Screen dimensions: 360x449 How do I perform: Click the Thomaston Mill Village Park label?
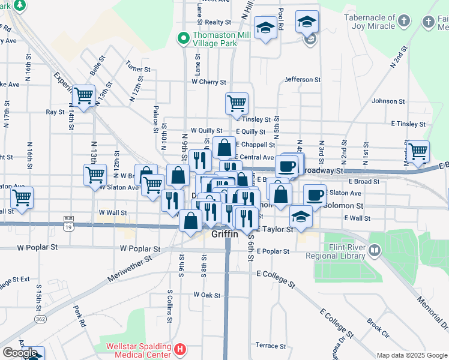[x=215, y=40]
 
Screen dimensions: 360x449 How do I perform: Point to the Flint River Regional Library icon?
[x=375, y=249]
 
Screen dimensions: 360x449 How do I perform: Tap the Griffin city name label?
[x=225, y=235]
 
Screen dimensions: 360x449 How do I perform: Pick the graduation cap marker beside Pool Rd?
[x=265, y=28]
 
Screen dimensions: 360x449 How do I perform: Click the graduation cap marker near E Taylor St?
[x=301, y=216]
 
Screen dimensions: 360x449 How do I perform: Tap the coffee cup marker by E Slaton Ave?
[x=315, y=194]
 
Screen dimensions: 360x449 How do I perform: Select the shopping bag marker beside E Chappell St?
[x=224, y=146]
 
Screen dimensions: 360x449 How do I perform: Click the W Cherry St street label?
[x=208, y=82]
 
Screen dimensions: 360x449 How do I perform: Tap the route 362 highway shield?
[x=40, y=319]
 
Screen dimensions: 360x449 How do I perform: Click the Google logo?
[x=20, y=353]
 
